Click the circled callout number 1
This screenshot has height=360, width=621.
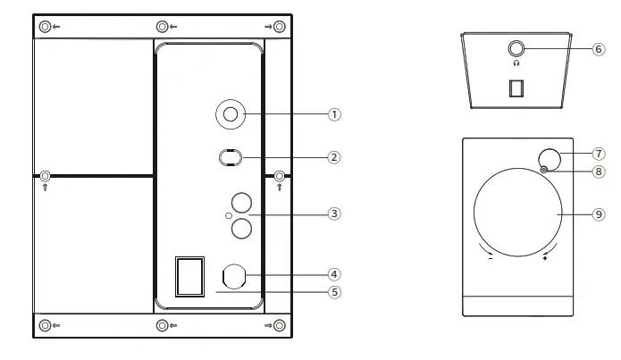[x=334, y=114]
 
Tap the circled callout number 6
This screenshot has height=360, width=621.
[x=598, y=49]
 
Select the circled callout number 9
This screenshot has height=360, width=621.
[x=599, y=214]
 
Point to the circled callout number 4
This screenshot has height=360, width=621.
[x=334, y=274]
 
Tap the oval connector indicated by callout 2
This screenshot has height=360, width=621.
[x=230, y=157]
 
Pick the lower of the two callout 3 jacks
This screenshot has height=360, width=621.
[x=240, y=230]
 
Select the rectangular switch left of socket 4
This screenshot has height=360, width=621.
[x=189, y=276]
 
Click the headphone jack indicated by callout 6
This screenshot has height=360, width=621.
[x=516, y=49]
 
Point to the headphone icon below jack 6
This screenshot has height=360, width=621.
[x=516, y=64]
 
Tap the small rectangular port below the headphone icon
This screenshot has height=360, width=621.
[x=516, y=88]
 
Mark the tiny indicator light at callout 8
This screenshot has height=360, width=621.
[x=542, y=170]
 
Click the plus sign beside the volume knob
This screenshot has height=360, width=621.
[x=545, y=258]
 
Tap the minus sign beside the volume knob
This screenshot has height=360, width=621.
[x=490, y=259]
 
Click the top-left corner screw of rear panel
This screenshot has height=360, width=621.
[x=45, y=27]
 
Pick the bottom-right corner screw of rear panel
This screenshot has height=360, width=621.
[x=280, y=325]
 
